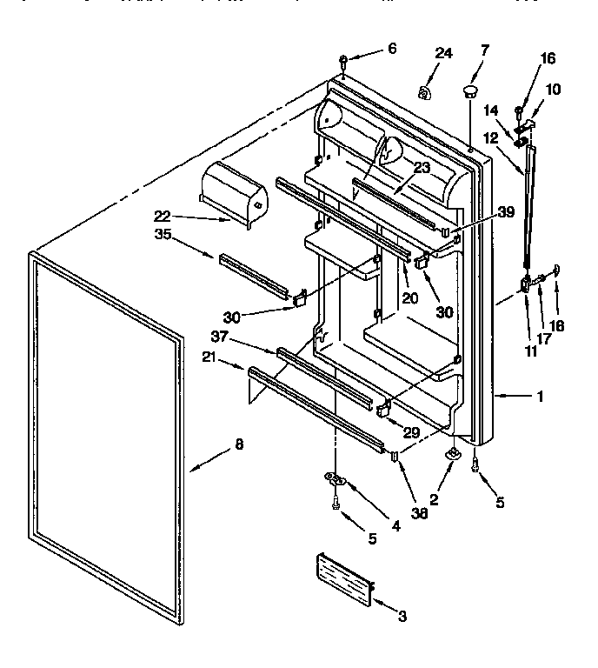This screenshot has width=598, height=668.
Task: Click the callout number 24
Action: [443, 54]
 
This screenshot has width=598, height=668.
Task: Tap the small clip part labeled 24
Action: [424, 91]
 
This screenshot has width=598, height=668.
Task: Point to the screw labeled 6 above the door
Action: [344, 61]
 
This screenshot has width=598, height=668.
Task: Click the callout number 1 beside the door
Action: [540, 397]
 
